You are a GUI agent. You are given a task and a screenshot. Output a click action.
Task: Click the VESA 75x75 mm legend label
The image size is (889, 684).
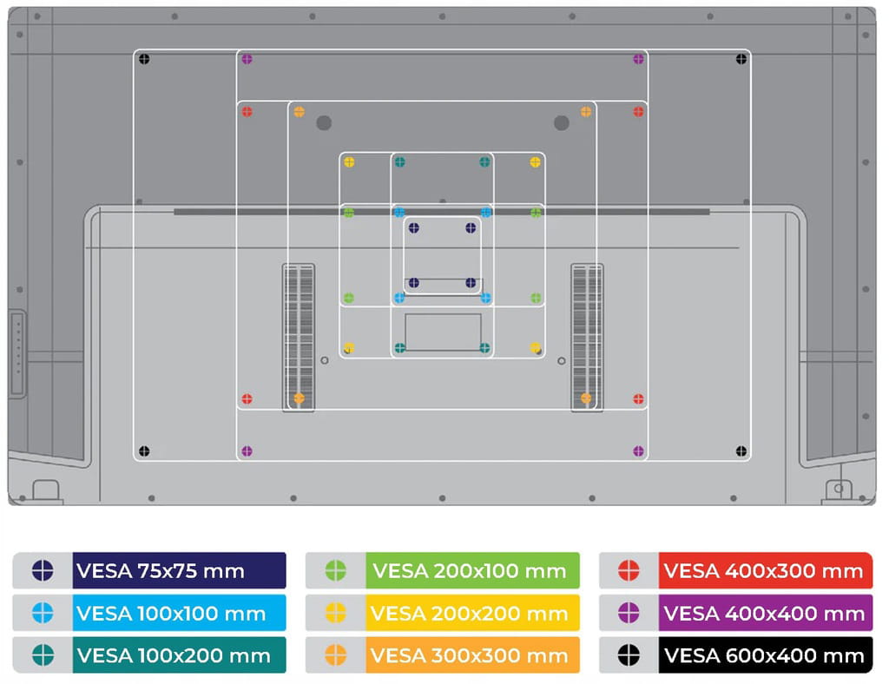(x=179, y=571)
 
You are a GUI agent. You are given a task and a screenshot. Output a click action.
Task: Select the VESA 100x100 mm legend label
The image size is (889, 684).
(x=179, y=614)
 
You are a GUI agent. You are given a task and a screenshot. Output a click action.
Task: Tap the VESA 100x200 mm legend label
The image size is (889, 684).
(x=179, y=655)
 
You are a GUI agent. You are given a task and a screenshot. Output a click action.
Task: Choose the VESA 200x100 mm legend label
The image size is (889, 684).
(x=472, y=571)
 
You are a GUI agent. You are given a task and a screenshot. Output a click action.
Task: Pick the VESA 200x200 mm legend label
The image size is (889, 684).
(x=472, y=614)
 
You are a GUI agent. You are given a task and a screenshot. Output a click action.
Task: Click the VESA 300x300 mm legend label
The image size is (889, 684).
(x=472, y=655)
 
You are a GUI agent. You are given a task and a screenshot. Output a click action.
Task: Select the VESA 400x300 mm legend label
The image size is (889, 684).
(x=765, y=571)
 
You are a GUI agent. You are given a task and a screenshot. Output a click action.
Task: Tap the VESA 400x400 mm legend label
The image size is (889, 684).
(x=765, y=614)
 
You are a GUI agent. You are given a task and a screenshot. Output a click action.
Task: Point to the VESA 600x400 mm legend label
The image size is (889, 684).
(x=765, y=655)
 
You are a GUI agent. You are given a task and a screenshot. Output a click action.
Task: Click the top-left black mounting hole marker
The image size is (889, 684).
(x=144, y=59)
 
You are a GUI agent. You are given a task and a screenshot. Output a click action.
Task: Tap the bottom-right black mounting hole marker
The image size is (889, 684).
(x=741, y=451)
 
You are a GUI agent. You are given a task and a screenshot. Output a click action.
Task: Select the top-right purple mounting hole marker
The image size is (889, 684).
(x=639, y=59)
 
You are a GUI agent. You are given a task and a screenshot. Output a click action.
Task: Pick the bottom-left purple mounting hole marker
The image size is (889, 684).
(x=247, y=451)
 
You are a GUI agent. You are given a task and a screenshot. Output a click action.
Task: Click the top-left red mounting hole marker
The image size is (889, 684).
(x=247, y=112)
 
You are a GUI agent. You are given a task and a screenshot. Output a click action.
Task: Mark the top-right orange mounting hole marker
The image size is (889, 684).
(x=586, y=112)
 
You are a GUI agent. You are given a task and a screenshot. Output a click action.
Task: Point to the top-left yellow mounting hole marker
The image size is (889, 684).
(x=349, y=162)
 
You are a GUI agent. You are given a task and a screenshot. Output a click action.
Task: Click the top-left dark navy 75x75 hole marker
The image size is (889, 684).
(x=413, y=228)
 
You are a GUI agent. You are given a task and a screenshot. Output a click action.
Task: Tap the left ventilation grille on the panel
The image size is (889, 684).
(x=299, y=337)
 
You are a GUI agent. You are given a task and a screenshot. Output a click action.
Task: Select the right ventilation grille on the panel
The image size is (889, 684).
(x=587, y=337)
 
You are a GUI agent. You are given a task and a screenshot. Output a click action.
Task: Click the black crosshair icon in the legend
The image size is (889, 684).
(x=629, y=655)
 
